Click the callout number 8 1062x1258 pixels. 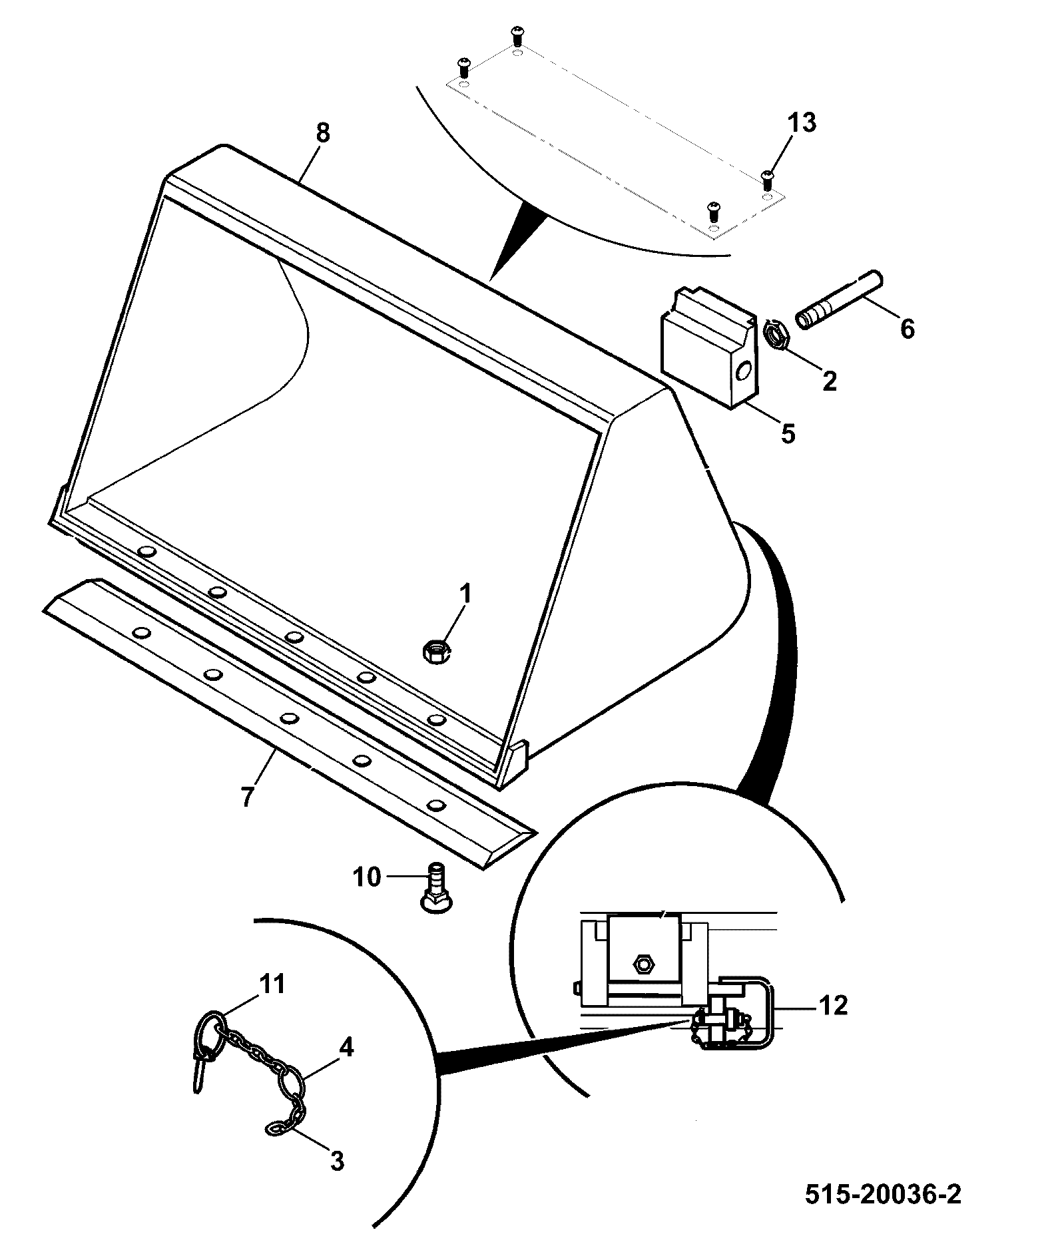coord(322,133)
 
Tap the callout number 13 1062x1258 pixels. coord(802,123)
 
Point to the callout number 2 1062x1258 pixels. coord(829,381)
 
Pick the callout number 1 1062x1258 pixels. coord(465,593)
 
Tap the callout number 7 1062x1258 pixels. coord(247,797)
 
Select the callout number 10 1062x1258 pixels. coord(367,877)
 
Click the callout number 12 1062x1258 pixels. coord(832,1005)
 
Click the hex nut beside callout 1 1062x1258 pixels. coord(437,650)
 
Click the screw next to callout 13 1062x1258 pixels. coord(767,176)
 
